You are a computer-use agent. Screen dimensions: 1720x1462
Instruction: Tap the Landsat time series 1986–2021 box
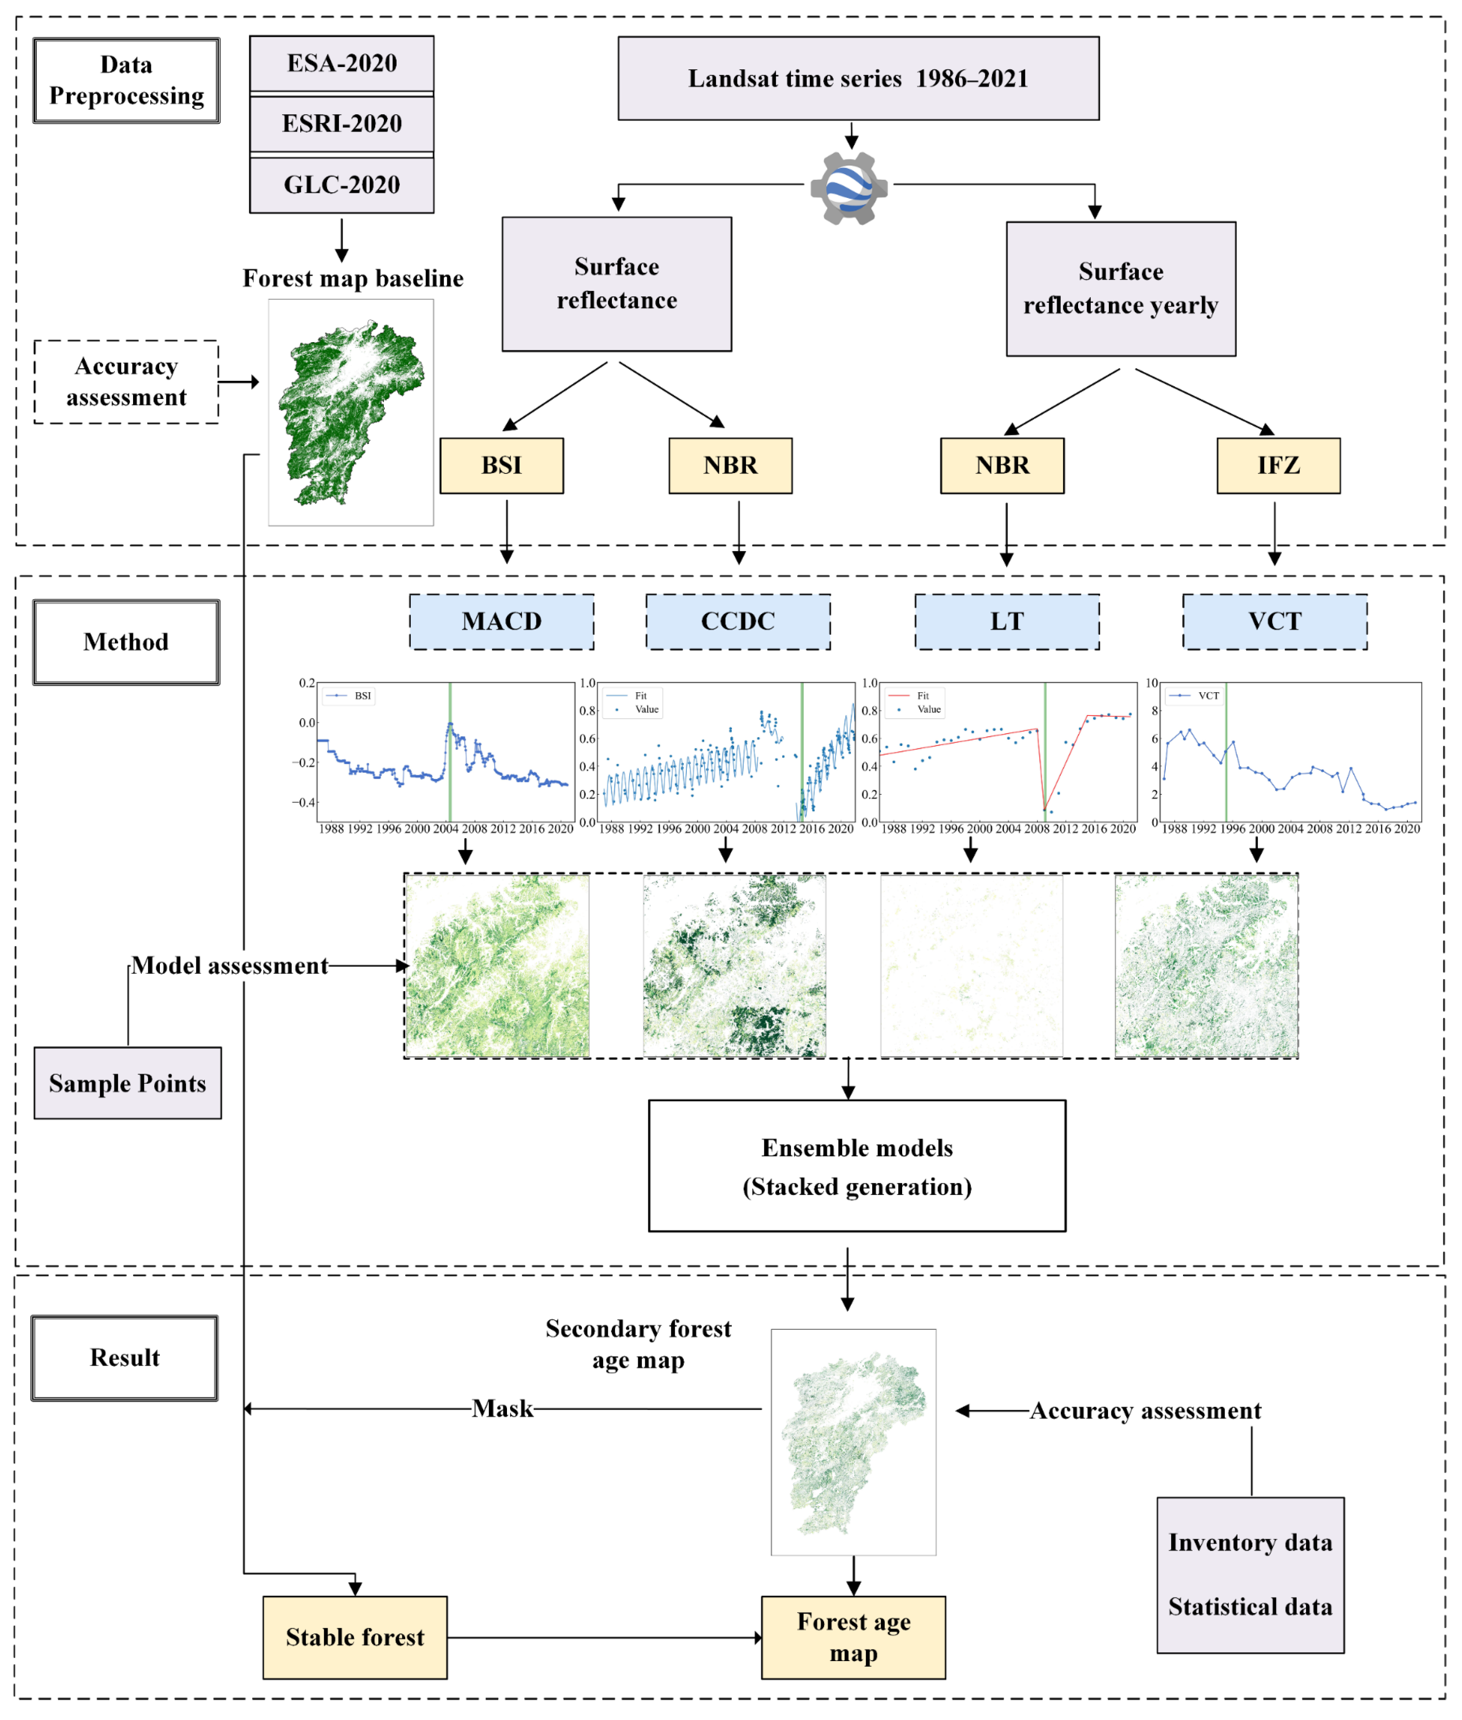click(858, 79)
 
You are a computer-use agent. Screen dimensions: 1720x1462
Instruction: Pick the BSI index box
click(501, 466)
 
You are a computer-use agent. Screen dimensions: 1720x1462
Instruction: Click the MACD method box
click(501, 622)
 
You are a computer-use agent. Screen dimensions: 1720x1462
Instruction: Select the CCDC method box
click(737, 622)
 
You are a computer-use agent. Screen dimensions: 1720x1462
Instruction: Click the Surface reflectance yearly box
click(1121, 288)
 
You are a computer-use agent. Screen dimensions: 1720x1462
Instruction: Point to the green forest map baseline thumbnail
click(351, 413)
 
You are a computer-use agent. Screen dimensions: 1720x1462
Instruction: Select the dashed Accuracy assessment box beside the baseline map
click(126, 382)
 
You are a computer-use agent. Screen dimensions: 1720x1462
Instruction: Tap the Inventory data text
click(1250, 1543)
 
